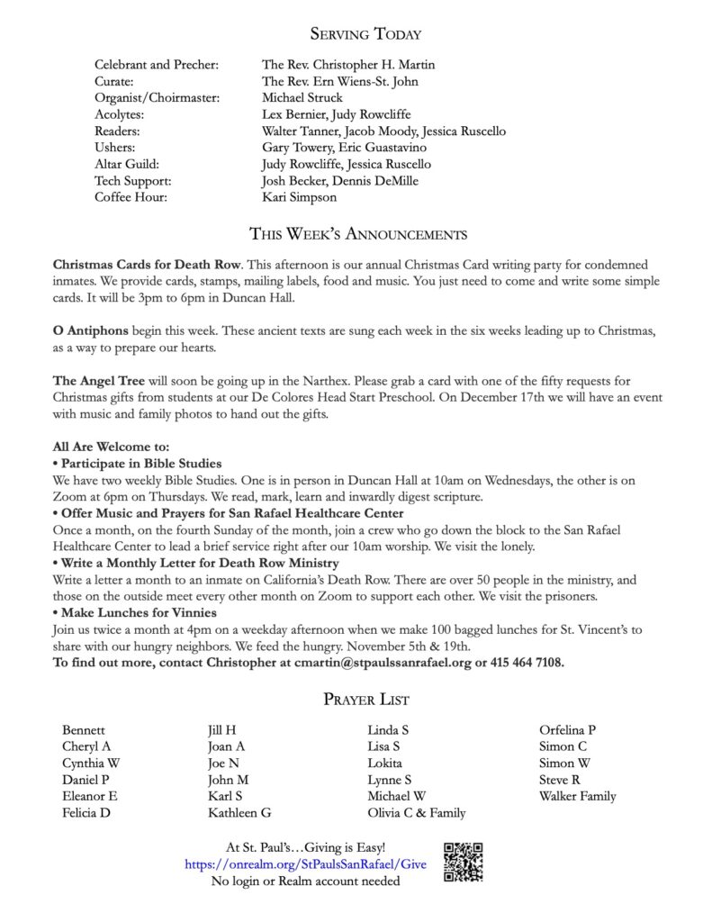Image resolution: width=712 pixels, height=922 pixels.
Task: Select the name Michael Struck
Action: click(x=302, y=98)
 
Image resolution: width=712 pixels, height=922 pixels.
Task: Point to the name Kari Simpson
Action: click(x=300, y=197)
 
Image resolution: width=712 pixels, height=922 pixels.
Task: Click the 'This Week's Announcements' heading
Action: click(x=357, y=236)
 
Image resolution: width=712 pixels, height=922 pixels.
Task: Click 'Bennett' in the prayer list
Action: click(x=84, y=730)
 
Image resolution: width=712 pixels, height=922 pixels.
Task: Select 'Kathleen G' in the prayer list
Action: click(x=239, y=813)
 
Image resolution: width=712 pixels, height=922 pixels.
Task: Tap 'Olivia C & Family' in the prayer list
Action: click(x=417, y=813)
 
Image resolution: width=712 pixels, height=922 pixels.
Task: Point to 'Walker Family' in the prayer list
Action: click(x=578, y=796)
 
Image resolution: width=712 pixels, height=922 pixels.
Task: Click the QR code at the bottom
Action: click(x=464, y=862)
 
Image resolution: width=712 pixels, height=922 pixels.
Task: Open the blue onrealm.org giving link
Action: click(x=306, y=864)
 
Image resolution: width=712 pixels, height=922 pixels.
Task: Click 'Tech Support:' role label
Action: click(x=131, y=181)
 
